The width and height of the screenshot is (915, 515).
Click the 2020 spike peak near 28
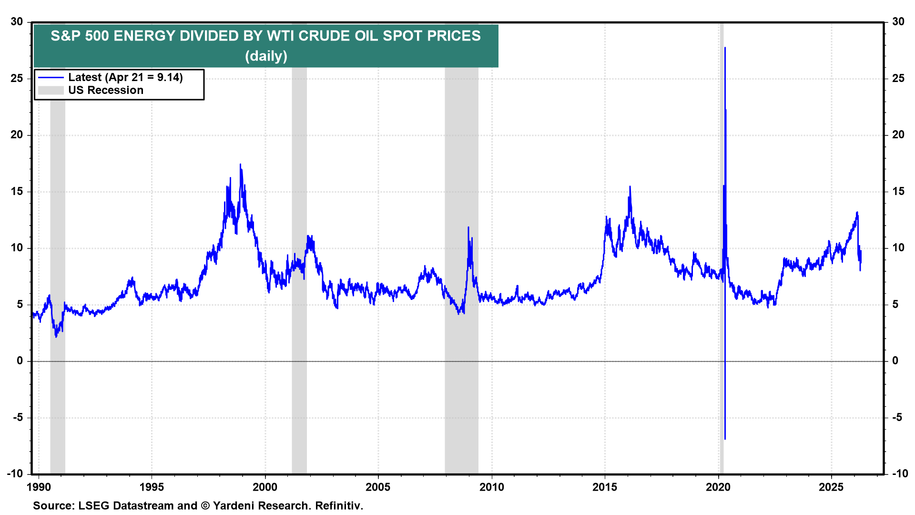pyautogui.click(x=725, y=48)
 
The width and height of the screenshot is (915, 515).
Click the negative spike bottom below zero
pyautogui.click(x=725, y=438)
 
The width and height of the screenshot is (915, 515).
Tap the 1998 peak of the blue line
pyautogui.click(x=240, y=165)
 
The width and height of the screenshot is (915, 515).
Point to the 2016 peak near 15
pyautogui.click(x=630, y=187)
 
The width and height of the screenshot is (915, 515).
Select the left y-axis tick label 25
pyautogui.click(x=17, y=78)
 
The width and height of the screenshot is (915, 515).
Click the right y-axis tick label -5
pyautogui.click(x=897, y=418)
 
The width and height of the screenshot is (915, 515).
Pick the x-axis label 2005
pyautogui.click(x=378, y=487)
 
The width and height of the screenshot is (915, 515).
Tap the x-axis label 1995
pyautogui.click(x=152, y=487)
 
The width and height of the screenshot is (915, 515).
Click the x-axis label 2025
pyautogui.click(x=831, y=487)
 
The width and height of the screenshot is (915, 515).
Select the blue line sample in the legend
pyautogui.click(x=51, y=78)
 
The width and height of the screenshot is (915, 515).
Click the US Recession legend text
pyautogui.click(x=106, y=91)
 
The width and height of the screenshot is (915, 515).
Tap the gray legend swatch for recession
pyautogui.click(x=51, y=91)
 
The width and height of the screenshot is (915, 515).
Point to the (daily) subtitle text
pyautogui.click(x=266, y=56)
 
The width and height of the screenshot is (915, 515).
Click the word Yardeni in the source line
pyautogui.click(x=236, y=506)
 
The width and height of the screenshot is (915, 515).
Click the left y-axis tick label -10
pyautogui.click(x=15, y=474)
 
